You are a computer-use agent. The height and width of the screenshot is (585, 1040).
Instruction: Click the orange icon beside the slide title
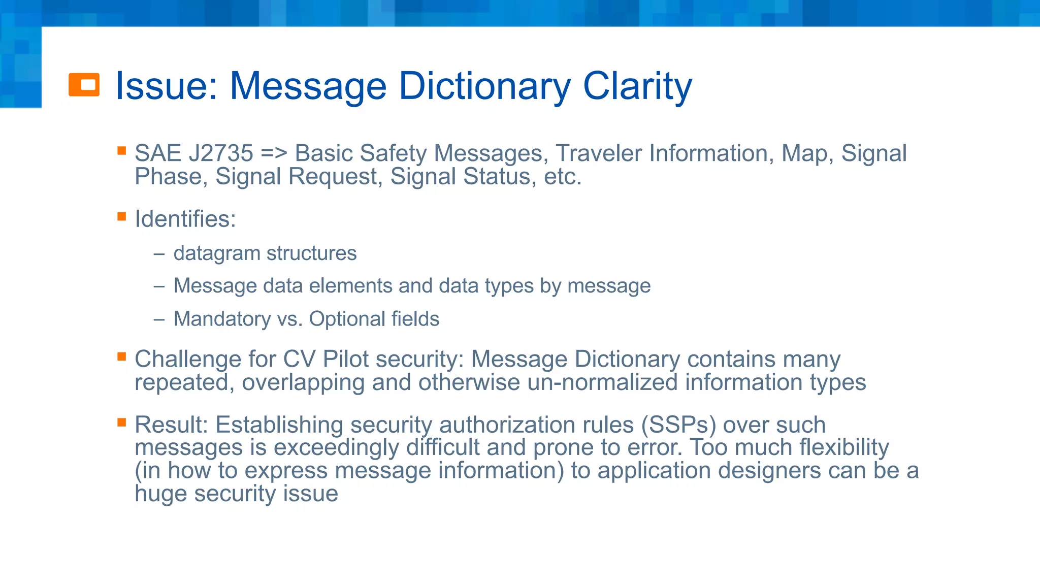tap(84, 85)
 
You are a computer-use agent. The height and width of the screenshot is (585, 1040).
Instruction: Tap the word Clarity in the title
tap(637, 86)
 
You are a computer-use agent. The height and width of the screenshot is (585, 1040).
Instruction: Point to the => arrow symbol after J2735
tap(274, 153)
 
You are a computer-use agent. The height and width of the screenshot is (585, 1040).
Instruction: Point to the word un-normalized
tap(602, 382)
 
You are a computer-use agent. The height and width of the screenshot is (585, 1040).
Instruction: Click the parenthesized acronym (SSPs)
tap(678, 425)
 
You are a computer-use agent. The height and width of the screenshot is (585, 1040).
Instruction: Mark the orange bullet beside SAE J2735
tap(121, 151)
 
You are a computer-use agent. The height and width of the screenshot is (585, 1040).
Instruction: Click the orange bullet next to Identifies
tap(121, 217)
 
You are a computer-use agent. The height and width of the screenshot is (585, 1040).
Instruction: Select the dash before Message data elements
tap(159, 286)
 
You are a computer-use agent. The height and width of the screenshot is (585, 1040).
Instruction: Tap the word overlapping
tap(303, 382)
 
